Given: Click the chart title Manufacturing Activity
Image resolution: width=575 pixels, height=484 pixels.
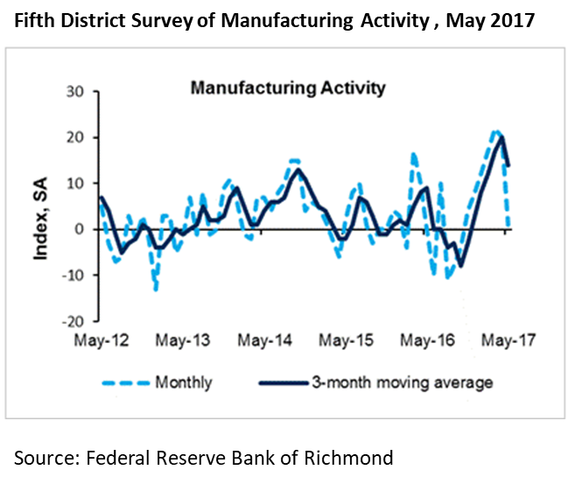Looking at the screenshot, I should pos(287,88).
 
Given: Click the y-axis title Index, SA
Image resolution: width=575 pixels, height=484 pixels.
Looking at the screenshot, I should pos(40,206).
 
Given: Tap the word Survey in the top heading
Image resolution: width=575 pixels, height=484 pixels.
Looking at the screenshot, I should pos(173,18).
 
